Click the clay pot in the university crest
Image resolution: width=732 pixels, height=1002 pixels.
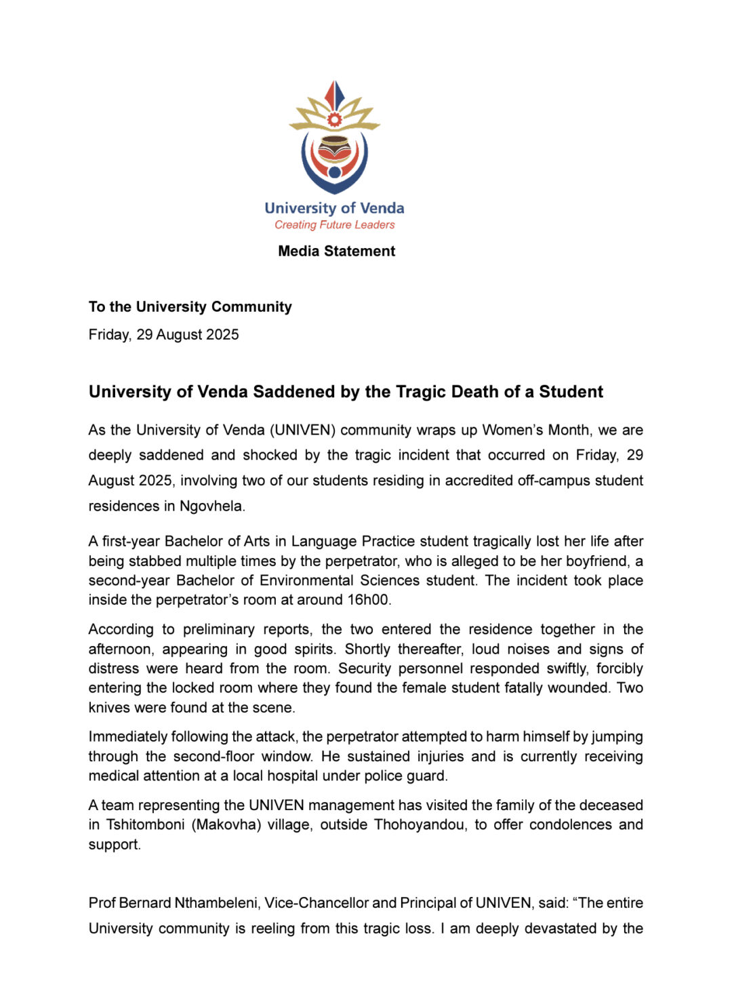335,148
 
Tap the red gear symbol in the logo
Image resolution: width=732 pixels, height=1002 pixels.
335,120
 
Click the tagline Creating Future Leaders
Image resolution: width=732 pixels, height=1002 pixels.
334,225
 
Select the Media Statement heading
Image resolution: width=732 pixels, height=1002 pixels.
336,252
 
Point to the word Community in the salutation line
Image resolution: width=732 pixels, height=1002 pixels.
251,307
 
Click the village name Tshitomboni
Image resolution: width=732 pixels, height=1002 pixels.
145,825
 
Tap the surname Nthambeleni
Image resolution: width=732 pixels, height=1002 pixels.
217,903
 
